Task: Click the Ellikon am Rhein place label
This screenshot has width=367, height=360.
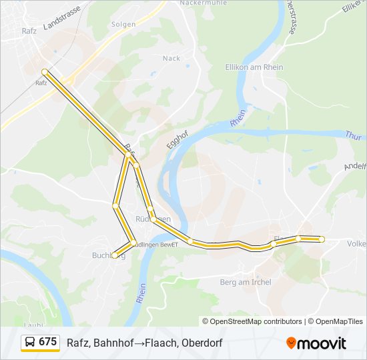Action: point(254,67)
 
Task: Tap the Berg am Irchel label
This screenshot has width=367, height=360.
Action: point(246,282)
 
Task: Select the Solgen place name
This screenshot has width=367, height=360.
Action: point(123,25)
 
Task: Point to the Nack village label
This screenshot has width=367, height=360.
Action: point(171,58)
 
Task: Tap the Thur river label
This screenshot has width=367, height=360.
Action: point(354,135)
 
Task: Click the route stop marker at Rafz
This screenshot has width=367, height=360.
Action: point(44,72)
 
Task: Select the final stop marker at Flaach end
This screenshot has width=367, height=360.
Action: point(322,239)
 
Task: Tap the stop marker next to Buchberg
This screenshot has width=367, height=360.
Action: point(115,255)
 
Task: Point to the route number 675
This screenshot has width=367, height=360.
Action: point(48,342)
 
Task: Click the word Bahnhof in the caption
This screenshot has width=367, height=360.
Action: point(111,343)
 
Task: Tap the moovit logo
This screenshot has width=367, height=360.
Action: point(316,343)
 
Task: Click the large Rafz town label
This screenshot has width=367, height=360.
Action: point(29,30)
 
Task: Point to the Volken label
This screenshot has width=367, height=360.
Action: point(356,244)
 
